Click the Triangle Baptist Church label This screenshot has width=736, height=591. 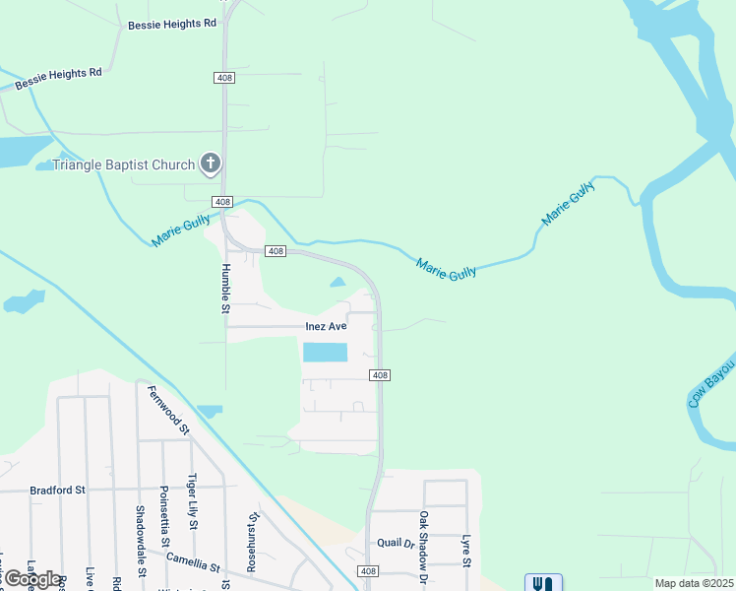(x=123, y=164)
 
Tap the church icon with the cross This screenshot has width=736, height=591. (x=211, y=164)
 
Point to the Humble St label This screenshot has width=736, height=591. (x=225, y=288)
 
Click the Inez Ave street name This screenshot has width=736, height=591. (x=328, y=326)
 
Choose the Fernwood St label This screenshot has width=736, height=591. (x=168, y=410)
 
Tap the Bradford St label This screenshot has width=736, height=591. (x=58, y=490)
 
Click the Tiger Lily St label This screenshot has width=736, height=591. (x=193, y=502)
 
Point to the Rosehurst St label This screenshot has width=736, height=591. (x=253, y=543)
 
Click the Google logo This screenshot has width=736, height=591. (x=32, y=579)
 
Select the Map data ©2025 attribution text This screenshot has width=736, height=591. (x=694, y=583)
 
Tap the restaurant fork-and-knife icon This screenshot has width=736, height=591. (x=544, y=583)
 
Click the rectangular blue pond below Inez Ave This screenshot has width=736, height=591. (x=325, y=353)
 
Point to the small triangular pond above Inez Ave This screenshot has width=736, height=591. (x=338, y=283)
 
